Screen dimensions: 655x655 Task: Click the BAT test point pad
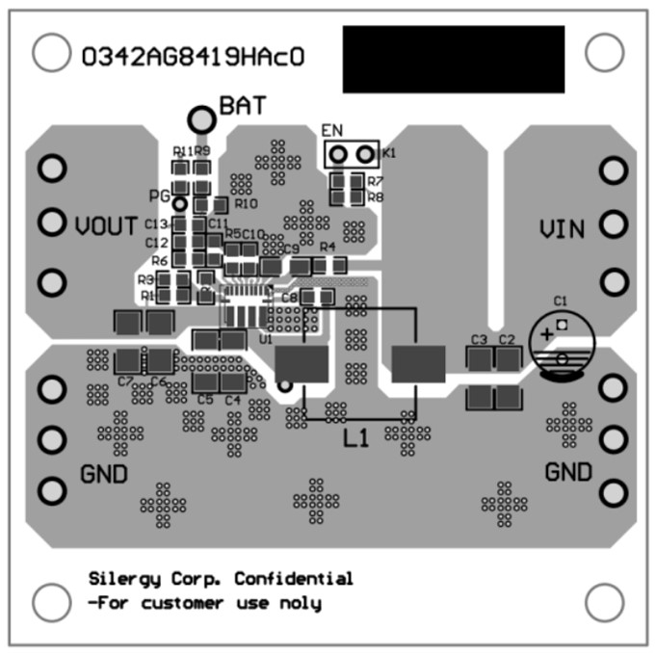pos(201,118)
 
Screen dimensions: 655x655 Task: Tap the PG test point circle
pos(179,203)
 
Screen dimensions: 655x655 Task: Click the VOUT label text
pos(106,227)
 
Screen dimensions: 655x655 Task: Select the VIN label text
pos(562,229)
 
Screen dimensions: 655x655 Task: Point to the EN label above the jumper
pos(331,130)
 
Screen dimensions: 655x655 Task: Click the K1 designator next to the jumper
pos(388,153)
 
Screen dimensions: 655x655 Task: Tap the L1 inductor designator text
pos(357,438)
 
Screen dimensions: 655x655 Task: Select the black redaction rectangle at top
pos(453,59)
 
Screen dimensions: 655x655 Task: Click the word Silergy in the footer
pos(121,579)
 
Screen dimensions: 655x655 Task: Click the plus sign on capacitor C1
pos(546,333)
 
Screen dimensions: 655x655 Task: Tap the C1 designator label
pos(560,301)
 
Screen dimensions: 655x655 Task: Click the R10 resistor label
pos(246,204)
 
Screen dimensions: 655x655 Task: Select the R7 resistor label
pos(376,181)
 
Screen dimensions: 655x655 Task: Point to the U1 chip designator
pos(266,339)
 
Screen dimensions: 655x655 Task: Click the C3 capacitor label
pos(479,340)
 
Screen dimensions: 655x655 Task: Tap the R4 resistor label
pos(327,247)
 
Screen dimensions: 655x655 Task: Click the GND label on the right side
pos(568,473)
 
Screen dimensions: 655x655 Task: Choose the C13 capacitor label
pos(157,224)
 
